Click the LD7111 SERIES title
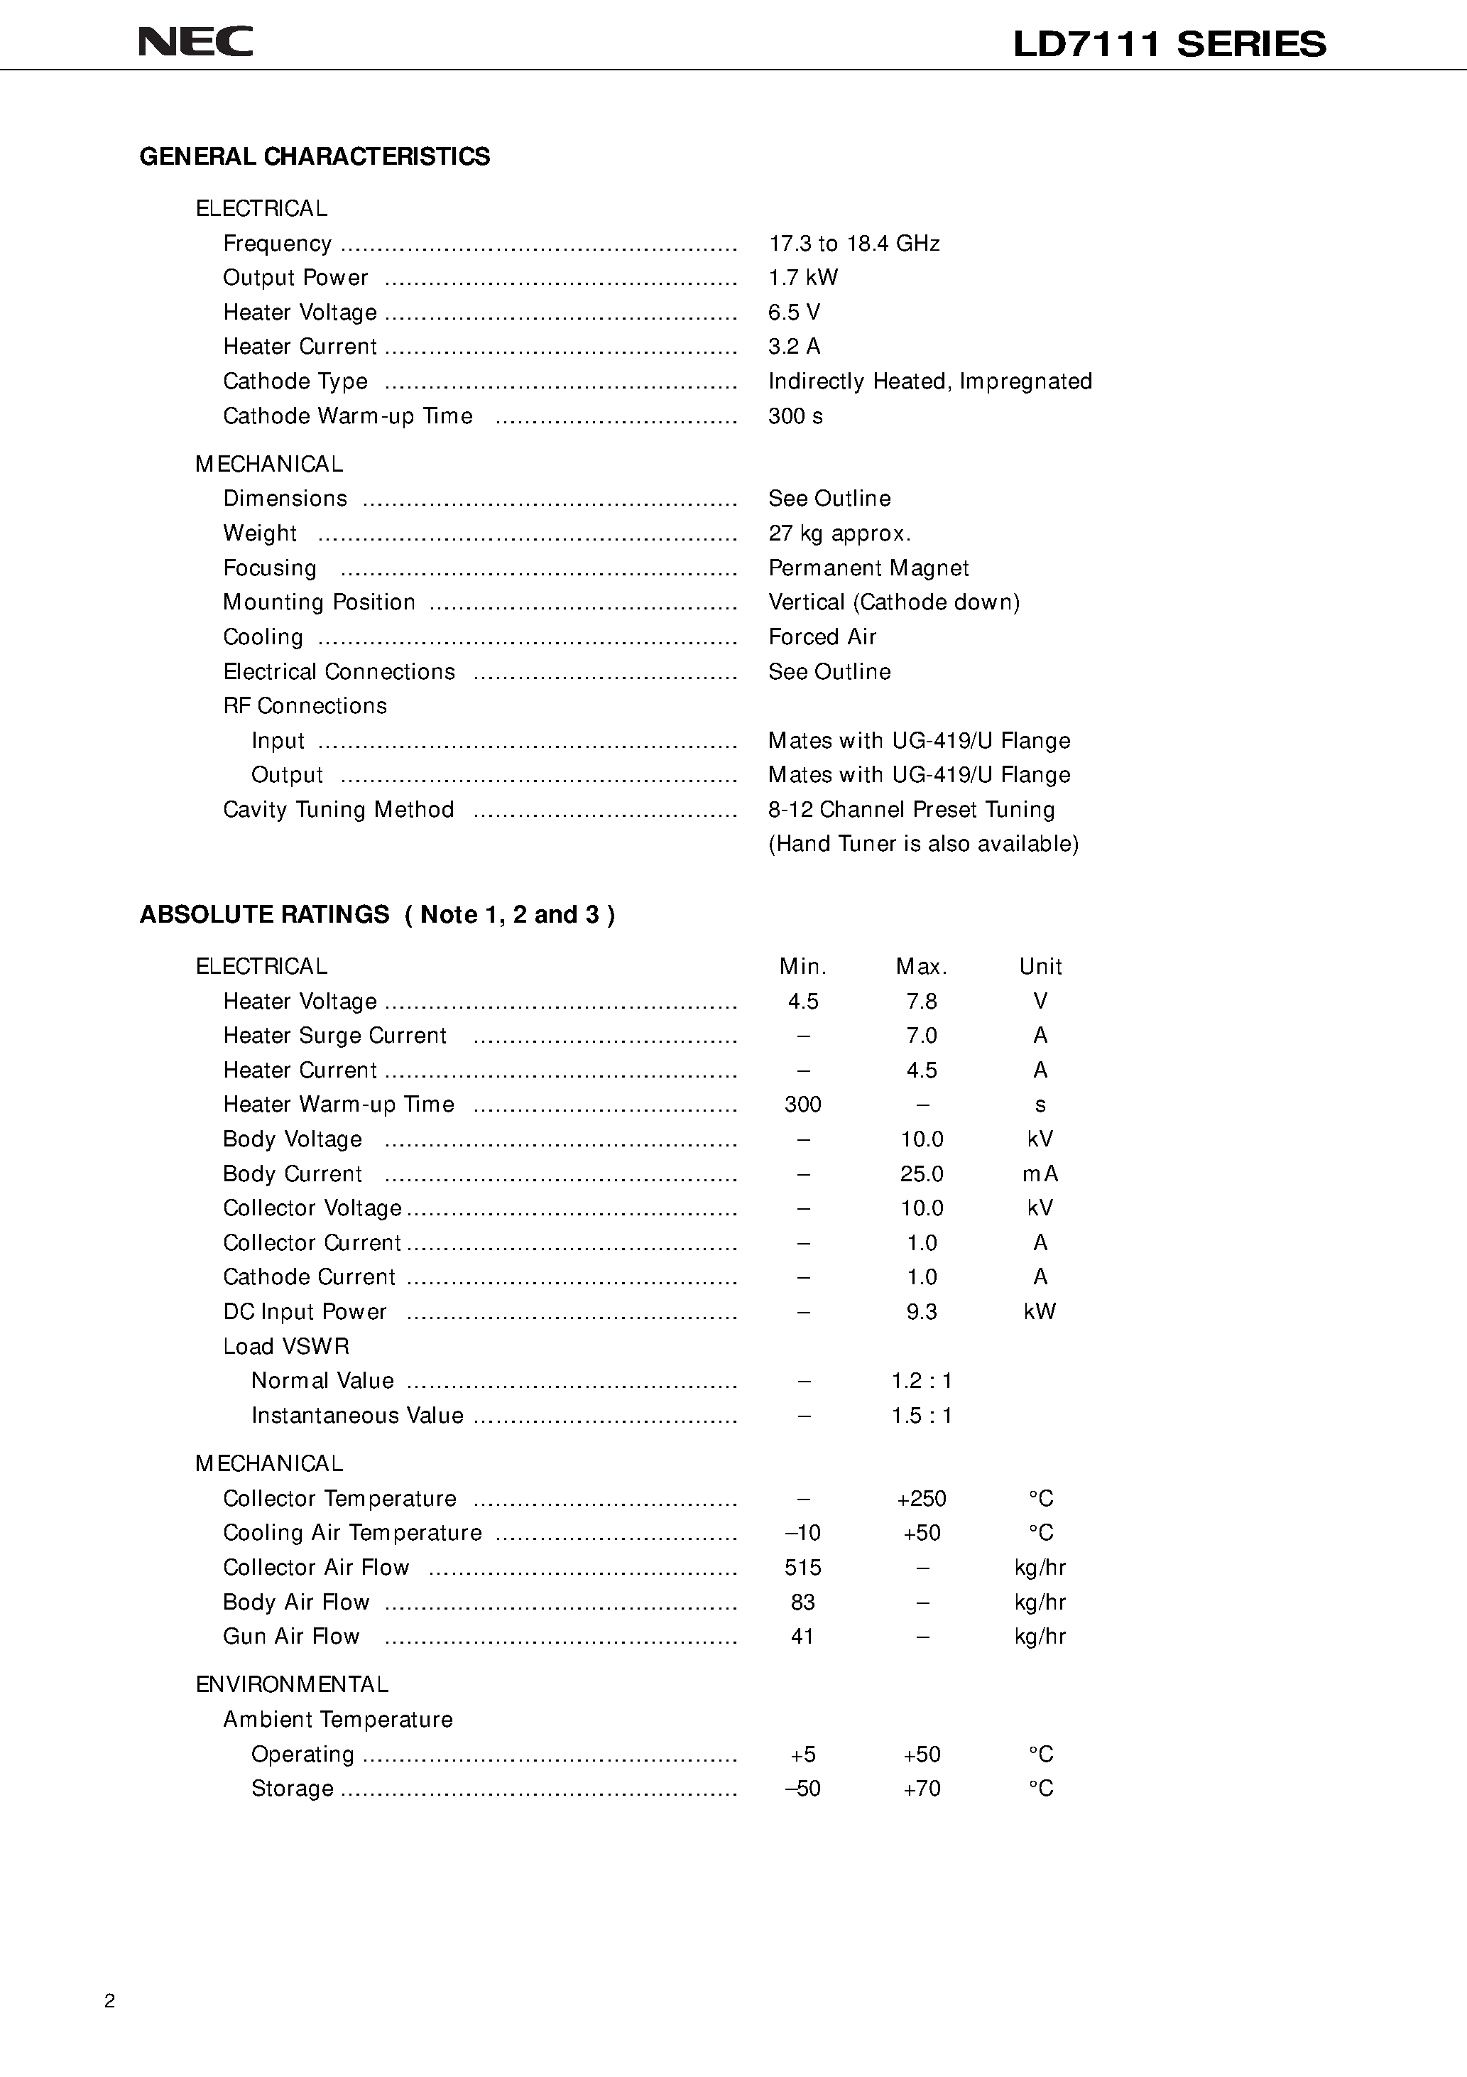pyautogui.click(x=1169, y=43)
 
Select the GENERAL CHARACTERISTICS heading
pyautogui.click(x=314, y=156)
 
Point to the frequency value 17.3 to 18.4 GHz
pyautogui.click(x=854, y=244)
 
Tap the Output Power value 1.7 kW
pyautogui.click(x=802, y=278)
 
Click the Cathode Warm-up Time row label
pyautogui.click(x=347, y=416)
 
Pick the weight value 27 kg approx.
pyautogui.click(x=839, y=533)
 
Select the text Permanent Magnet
pyautogui.click(x=868, y=568)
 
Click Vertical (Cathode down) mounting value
pyautogui.click(x=893, y=602)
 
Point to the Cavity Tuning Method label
pyautogui.click(x=338, y=810)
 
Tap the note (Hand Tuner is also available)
pyautogui.click(x=922, y=844)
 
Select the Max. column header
pyautogui.click(x=921, y=967)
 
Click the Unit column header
pyautogui.click(x=1040, y=967)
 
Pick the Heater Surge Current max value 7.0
pyautogui.click(x=921, y=1036)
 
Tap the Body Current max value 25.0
pyautogui.click(x=921, y=1174)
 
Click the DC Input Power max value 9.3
pyautogui.click(x=921, y=1312)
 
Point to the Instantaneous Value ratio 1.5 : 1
pyautogui.click(x=921, y=1416)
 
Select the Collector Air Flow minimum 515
pyautogui.click(x=802, y=1568)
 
